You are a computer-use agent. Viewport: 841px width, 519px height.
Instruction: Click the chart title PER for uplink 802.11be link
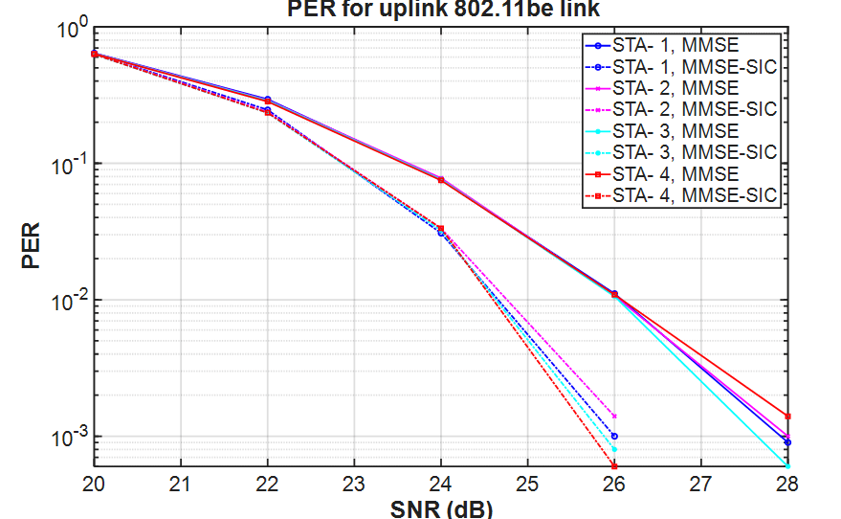[447, 9]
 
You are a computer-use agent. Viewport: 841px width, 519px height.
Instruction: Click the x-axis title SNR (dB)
[441, 508]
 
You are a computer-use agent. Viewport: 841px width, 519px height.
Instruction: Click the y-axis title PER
[32, 247]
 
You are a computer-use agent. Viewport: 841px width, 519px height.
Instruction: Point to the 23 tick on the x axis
[354, 485]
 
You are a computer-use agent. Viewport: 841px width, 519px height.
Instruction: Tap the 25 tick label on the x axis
[527, 485]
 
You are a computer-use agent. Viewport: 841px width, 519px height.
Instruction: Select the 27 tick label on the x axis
[701, 485]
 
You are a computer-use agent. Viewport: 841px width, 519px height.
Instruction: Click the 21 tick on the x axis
[181, 485]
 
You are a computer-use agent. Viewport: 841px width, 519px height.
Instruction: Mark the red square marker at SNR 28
[787, 417]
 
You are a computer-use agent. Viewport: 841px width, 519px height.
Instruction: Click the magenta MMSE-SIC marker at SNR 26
[614, 417]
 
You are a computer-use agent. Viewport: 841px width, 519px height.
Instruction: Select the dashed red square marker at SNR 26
[614, 465]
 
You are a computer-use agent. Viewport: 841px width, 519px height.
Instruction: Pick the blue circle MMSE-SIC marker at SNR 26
[614, 437]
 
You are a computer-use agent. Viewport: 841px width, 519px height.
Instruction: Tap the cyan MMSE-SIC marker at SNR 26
[614, 449]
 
